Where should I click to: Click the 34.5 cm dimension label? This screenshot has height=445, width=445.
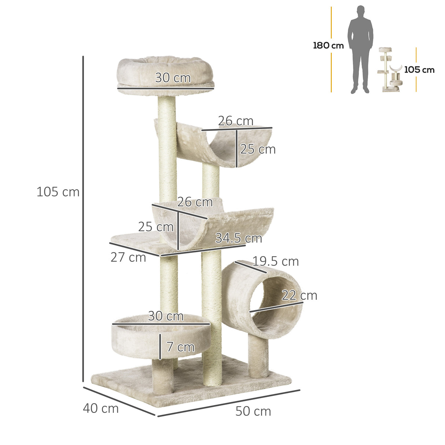pyautogui.click(x=238, y=238)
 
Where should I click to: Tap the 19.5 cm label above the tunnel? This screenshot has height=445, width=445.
pyautogui.click(x=276, y=261)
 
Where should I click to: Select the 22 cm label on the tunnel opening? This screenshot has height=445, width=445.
pyautogui.click(x=299, y=295)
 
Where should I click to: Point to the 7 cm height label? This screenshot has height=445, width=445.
pyautogui.click(x=180, y=347)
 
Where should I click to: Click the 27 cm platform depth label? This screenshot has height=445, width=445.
pyautogui.click(x=128, y=257)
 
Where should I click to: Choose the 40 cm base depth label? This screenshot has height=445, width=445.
pyautogui.click(x=101, y=408)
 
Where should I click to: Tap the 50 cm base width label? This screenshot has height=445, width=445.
pyautogui.click(x=253, y=411)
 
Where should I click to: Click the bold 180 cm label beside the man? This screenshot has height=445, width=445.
pyautogui.click(x=328, y=46)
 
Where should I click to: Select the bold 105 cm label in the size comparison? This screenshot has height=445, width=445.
pyautogui.click(x=419, y=70)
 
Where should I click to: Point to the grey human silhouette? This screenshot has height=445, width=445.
pyautogui.click(x=360, y=49)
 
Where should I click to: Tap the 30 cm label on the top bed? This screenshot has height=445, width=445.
pyautogui.click(x=173, y=78)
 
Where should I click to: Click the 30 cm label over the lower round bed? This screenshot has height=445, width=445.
pyautogui.click(x=166, y=316)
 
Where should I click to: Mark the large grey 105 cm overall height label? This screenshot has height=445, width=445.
pyautogui.click(x=58, y=192)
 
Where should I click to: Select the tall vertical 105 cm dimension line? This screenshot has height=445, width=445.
pyautogui.click(x=83, y=220)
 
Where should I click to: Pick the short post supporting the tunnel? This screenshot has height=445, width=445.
pyautogui.click(x=258, y=356)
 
